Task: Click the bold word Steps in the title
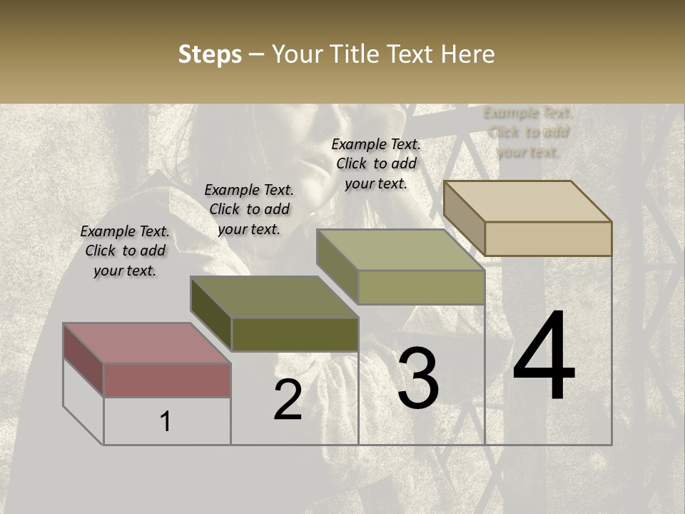209,54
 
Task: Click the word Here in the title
468,54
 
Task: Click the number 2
288,400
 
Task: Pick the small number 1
166,422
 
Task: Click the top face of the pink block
147,343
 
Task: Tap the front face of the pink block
167,380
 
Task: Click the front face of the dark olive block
295,334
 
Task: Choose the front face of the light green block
421,287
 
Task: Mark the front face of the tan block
548,238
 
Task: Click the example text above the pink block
125,251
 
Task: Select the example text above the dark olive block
249,209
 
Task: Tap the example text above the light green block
376,163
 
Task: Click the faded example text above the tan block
528,132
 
